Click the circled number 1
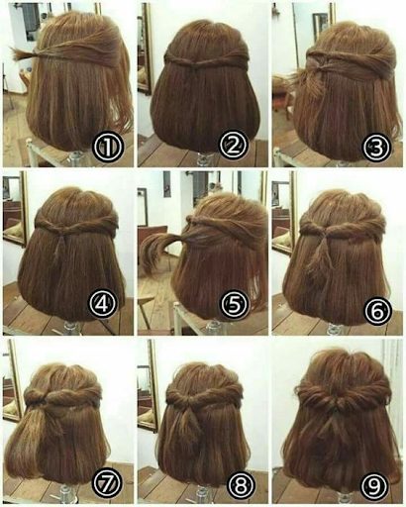click(108, 147)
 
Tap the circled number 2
click(234, 145)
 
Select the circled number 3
click(376, 147)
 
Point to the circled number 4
click(103, 304)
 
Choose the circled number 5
click(235, 304)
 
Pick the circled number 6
click(378, 310)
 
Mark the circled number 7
click(108, 482)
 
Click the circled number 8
click(242, 484)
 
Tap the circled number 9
click(375, 484)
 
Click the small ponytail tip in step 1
click(22, 53)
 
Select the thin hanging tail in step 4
click(60, 246)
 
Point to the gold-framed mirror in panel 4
click(15, 210)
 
